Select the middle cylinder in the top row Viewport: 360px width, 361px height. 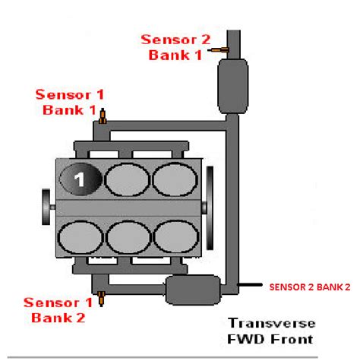pos(126,179)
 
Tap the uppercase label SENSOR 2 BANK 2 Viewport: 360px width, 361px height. pos(309,288)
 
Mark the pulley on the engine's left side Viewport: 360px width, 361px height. pos(49,205)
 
